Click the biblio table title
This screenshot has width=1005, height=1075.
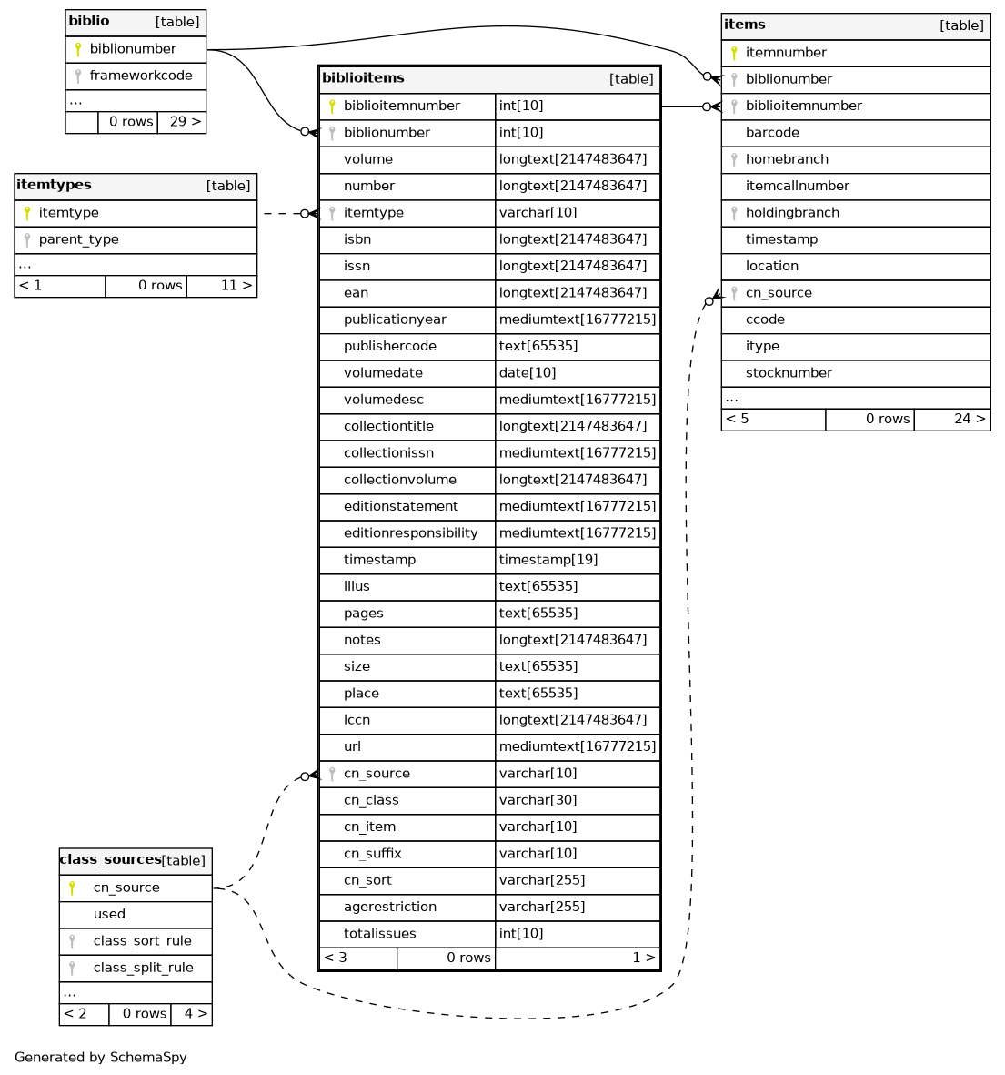[89, 21]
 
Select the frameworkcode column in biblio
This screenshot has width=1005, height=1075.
[140, 76]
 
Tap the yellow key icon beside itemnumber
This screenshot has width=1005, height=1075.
[734, 53]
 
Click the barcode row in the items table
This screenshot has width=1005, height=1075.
[772, 133]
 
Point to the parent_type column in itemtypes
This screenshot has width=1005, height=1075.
[78, 239]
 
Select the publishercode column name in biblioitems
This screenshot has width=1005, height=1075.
[389, 347]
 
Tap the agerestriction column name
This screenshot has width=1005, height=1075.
[389, 908]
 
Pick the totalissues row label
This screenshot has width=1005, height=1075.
[379, 934]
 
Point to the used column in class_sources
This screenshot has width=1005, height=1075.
[109, 914]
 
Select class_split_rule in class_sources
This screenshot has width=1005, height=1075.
[143, 968]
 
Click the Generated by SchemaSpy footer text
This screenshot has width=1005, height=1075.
[101, 1058]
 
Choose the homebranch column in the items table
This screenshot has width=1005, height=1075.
[787, 159]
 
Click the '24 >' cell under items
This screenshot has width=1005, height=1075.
[969, 420]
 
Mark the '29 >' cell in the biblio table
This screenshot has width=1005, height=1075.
[185, 122]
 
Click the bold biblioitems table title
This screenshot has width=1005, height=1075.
[363, 78]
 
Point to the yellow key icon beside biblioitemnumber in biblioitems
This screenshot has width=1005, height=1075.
[332, 106]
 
